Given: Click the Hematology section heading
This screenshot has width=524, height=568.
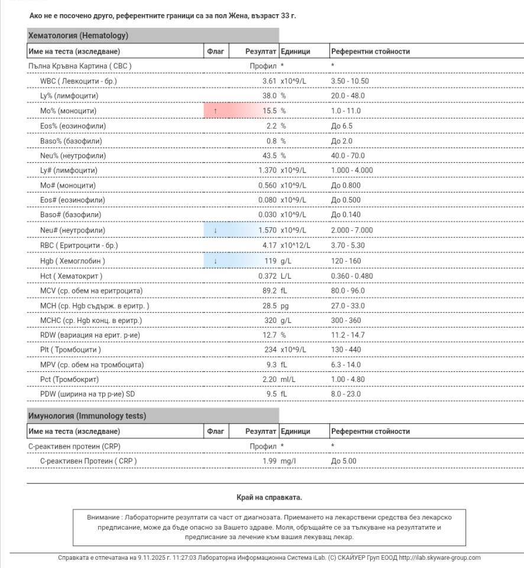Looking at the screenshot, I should [x=79, y=36].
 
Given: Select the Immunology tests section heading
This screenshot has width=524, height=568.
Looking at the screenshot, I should [x=88, y=416].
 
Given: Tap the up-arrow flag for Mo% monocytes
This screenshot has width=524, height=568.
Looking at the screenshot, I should [x=215, y=110].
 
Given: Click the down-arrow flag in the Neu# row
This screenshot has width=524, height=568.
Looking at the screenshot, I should [x=215, y=230].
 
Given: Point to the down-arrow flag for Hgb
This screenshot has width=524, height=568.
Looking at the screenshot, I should [x=215, y=260].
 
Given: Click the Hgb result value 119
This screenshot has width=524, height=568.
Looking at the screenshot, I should [x=271, y=260].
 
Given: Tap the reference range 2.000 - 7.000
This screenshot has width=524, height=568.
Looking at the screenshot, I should [x=352, y=230].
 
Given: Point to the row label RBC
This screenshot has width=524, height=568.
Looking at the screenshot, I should [x=79, y=245].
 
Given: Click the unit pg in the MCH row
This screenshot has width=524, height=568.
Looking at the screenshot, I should [x=284, y=305].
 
